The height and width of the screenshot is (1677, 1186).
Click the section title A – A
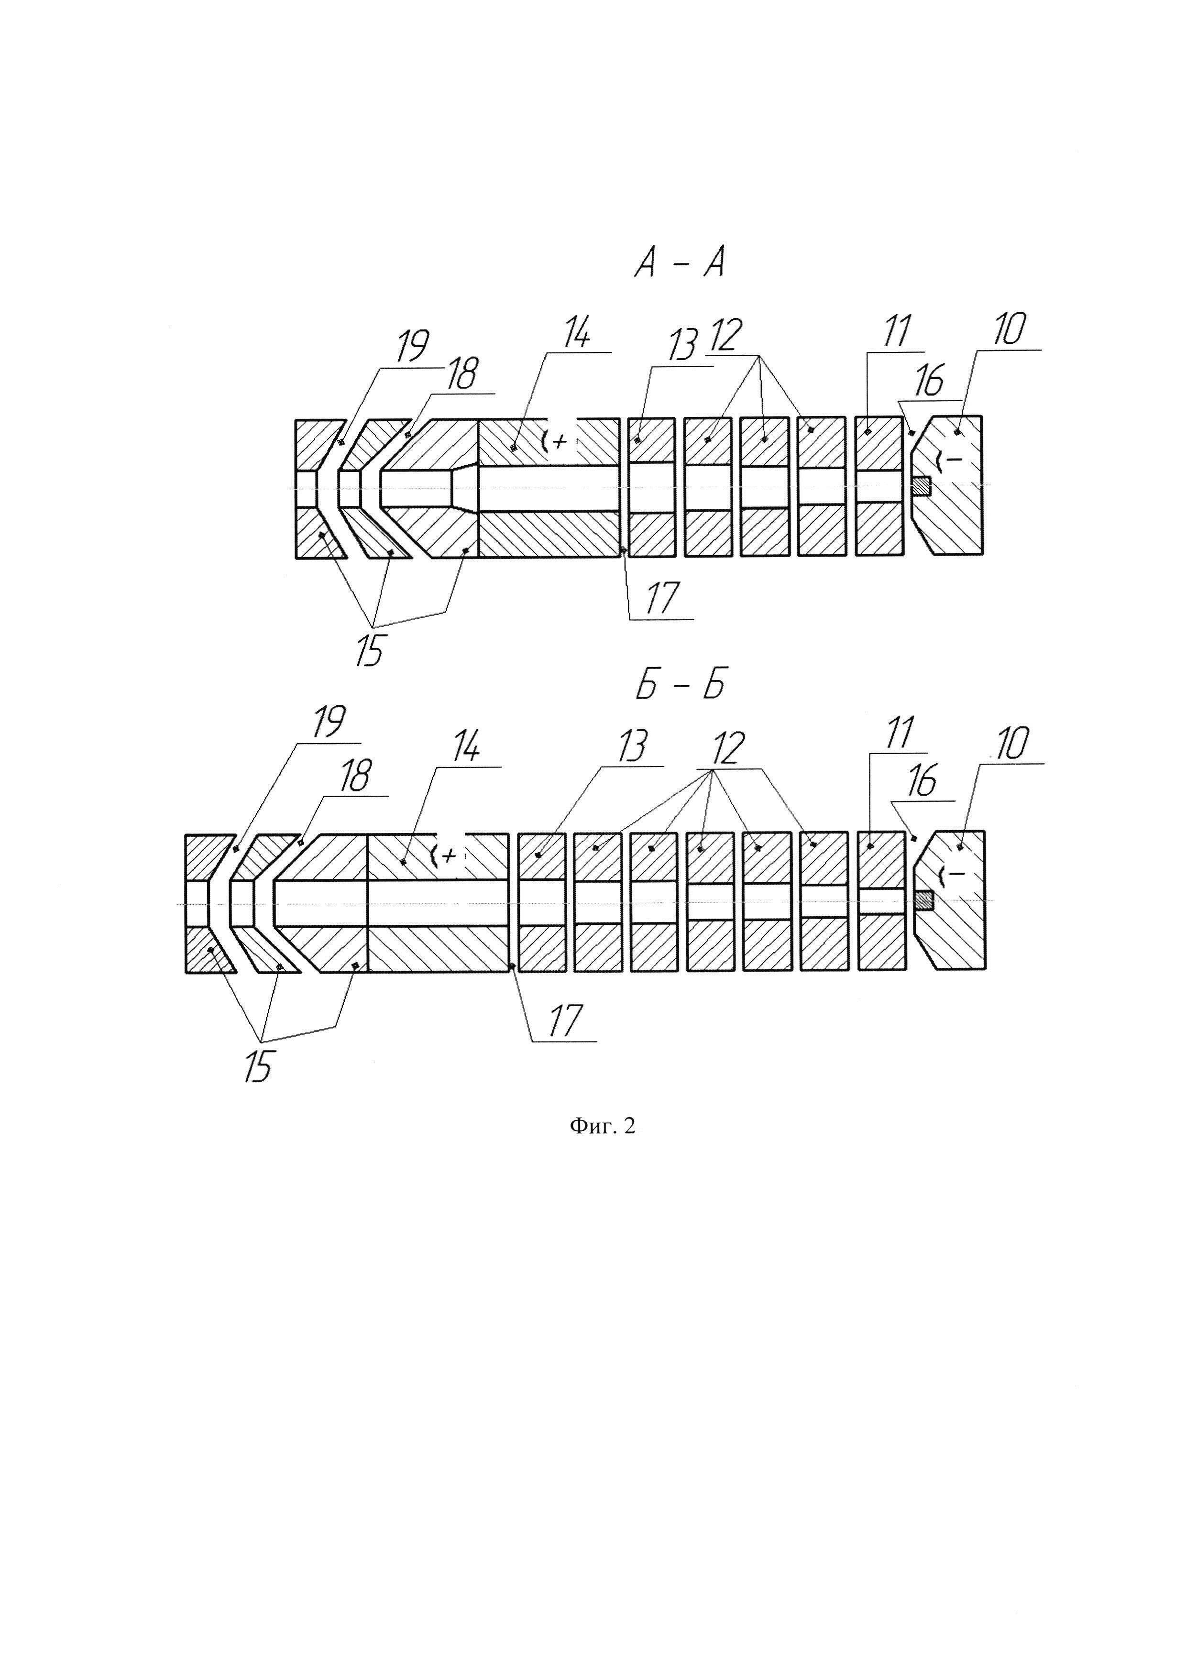point(679,263)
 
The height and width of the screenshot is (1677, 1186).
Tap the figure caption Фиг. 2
point(603,1126)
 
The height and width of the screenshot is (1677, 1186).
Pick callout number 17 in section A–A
point(662,599)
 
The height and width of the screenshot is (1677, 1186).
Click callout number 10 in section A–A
point(1009,330)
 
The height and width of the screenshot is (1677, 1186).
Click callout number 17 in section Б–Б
point(565,1020)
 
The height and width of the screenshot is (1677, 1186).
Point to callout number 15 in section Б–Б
point(258,1066)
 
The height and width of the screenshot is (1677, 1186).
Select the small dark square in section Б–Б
point(924,900)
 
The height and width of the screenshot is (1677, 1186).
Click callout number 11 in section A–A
point(896,331)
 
